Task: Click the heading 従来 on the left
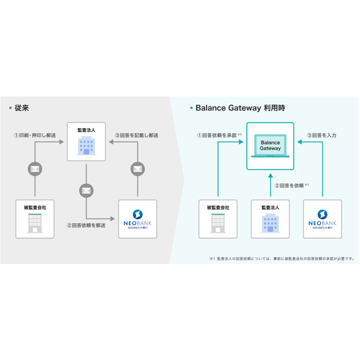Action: pyautogui.click(x=23, y=108)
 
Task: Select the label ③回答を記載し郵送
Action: pyautogui.click(x=136, y=136)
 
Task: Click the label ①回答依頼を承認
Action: pyautogui.click(x=218, y=136)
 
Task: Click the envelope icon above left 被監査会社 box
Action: pyautogui.click(x=35, y=170)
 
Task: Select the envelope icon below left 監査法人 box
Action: pyautogui.click(x=86, y=190)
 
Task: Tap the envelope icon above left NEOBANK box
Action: pyautogui.click(x=137, y=170)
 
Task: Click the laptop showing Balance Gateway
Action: pyautogui.click(x=270, y=146)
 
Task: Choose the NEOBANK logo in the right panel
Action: pyautogui.click(x=322, y=222)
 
